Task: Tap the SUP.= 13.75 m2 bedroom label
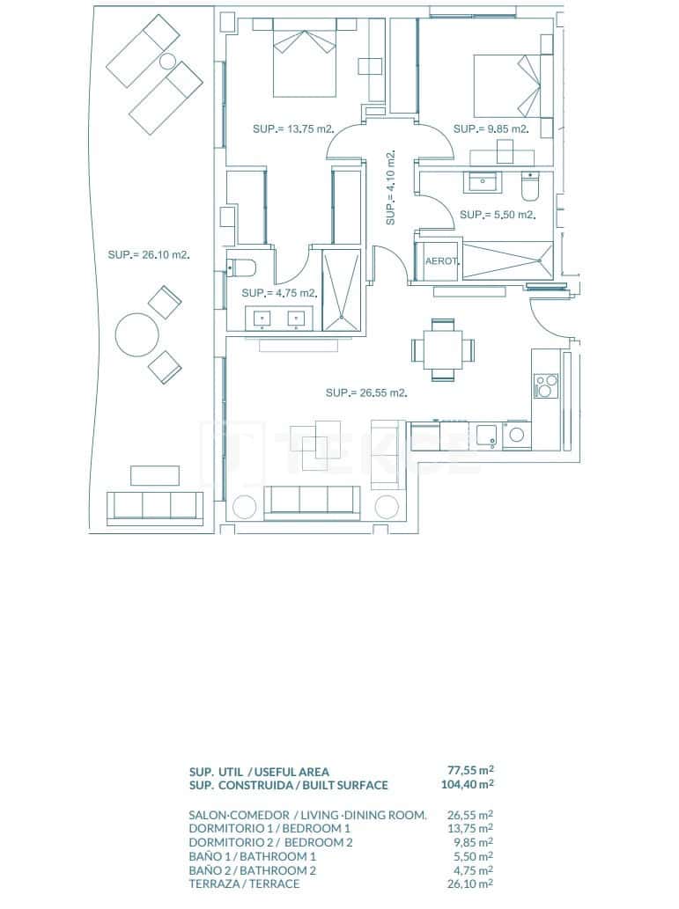click(x=293, y=129)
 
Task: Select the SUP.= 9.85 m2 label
click(x=491, y=129)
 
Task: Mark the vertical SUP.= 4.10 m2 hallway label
click(x=390, y=187)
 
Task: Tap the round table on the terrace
click(x=138, y=335)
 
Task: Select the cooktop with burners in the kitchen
click(x=545, y=385)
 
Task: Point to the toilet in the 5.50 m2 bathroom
click(x=530, y=188)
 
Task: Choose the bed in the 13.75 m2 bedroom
click(x=305, y=60)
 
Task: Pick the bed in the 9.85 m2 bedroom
click(x=506, y=86)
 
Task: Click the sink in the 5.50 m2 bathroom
click(x=483, y=183)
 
